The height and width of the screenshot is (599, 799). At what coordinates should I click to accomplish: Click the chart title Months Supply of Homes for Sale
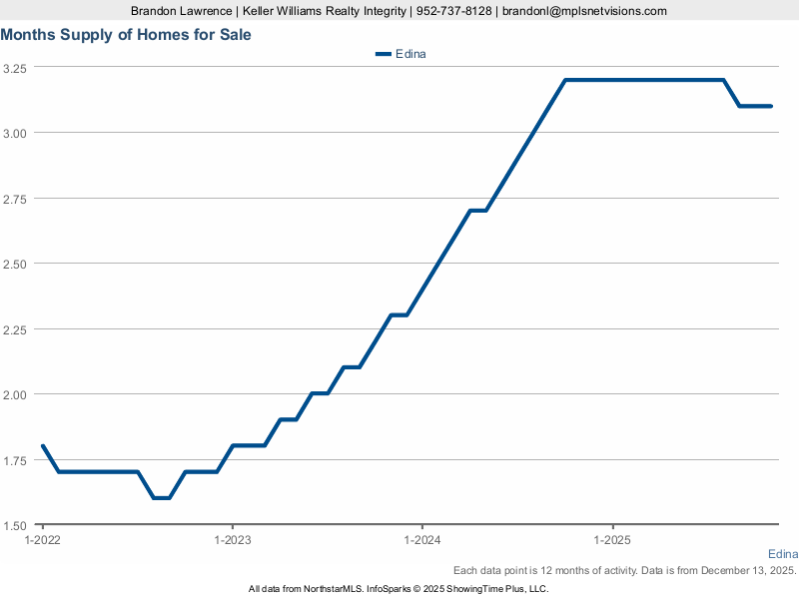tap(126, 35)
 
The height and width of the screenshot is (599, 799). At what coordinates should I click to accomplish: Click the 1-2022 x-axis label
tap(42, 540)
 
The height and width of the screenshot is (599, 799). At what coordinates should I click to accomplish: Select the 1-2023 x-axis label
tap(232, 540)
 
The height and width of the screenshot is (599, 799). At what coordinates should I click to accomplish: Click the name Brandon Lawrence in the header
tap(180, 11)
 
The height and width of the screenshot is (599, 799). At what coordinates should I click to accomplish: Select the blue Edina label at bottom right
tap(783, 554)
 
